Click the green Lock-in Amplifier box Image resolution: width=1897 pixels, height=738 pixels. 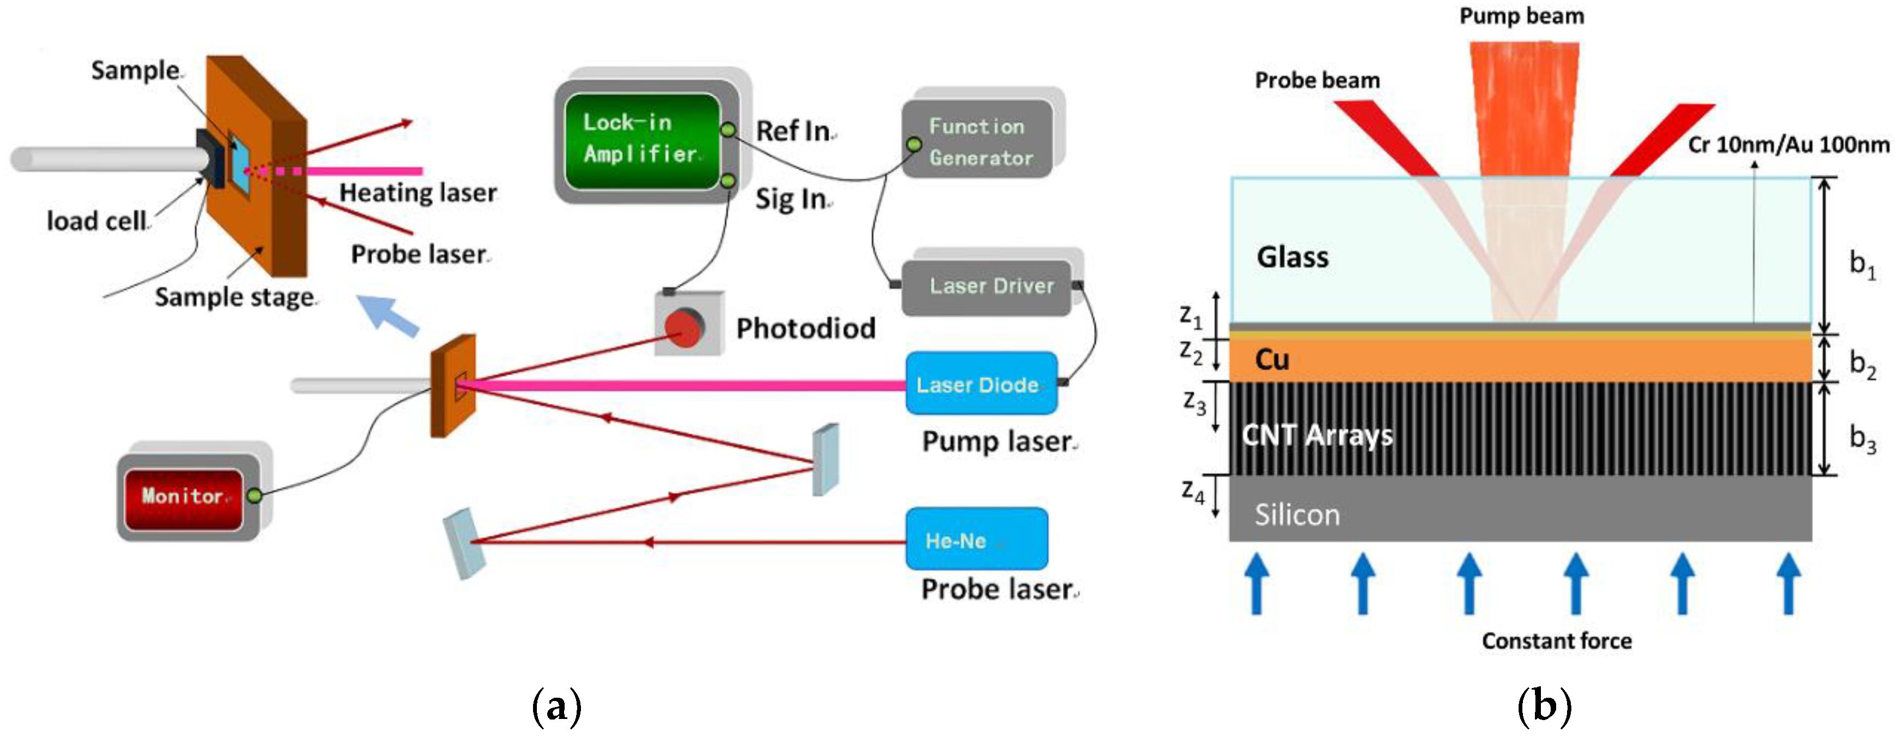point(641,140)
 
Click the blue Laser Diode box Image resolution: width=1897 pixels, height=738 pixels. point(980,383)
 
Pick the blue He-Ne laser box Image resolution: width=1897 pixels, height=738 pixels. point(975,539)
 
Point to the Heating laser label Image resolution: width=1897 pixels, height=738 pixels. point(418,193)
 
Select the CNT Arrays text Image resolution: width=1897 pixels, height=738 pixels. point(1317,435)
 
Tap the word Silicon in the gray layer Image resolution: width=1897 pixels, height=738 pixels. point(1297,515)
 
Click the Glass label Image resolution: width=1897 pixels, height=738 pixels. point(1293,257)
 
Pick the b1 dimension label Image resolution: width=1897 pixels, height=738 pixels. point(1862,263)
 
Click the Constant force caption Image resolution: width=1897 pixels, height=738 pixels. point(1556,641)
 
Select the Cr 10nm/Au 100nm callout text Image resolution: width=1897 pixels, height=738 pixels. point(1788,145)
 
